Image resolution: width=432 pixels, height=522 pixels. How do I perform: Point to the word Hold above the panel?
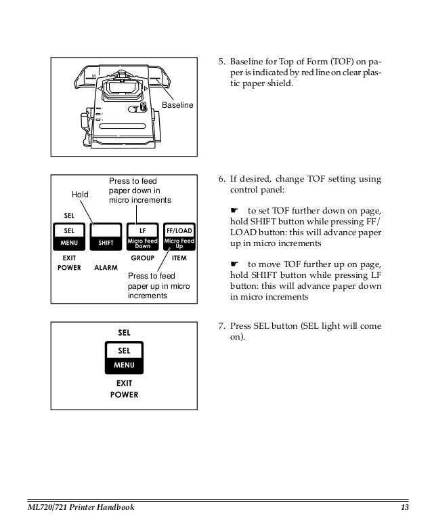point(81,195)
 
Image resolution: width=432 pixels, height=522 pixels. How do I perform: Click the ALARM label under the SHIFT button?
point(106,268)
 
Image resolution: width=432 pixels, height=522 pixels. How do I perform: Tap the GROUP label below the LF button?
point(143,258)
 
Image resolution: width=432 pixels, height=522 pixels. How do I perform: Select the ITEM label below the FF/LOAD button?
point(179,258)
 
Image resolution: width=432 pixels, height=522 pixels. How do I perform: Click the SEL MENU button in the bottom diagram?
point(124,358)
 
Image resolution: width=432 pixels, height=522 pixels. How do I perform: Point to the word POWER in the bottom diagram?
point(125,394)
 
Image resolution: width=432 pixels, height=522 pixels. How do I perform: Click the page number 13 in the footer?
point(405,507)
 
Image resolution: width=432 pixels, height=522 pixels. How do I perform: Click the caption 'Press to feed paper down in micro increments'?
point(139,191)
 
